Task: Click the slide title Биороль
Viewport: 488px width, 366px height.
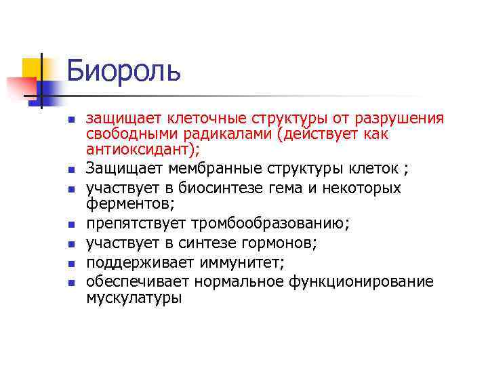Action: [123, 70]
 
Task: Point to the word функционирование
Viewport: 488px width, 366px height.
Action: [367, 281]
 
